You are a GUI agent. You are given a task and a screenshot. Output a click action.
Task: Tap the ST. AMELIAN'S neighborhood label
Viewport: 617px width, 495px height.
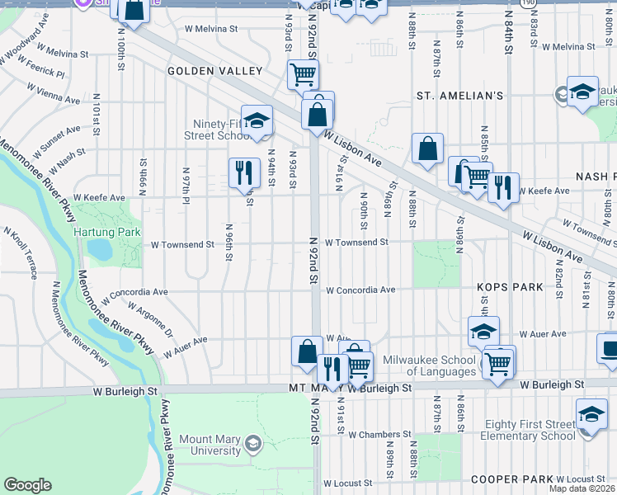click(x=459, y=96)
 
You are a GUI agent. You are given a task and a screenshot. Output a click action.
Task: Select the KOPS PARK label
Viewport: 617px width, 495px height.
click(x=510, y=287)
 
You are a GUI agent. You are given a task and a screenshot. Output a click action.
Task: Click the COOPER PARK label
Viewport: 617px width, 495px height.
click(x=506, y=479)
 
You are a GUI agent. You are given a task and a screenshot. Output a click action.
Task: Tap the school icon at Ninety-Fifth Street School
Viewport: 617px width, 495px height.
click(x=257, y=120)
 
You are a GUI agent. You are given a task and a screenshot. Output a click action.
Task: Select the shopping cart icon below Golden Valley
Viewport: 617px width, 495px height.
click(x=303, y=74)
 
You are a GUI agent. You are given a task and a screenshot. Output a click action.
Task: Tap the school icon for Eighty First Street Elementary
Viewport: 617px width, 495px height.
click(x=591, y=414)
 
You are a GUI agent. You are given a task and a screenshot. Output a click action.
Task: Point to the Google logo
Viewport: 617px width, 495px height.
click(x=27, y=485)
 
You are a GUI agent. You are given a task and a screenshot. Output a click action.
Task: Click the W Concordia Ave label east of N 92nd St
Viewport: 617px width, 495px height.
click(x=360, y=290)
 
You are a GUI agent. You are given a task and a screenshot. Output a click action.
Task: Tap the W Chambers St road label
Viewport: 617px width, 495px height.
click(x=379, y=435)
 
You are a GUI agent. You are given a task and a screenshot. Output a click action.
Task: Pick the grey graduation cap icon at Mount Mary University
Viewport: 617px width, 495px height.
click(x=253, y=445)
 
